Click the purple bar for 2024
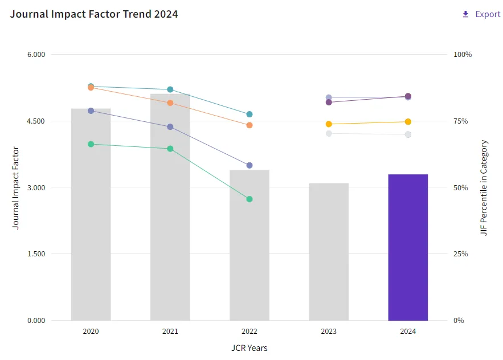pyautogui.click(x=408, y=247)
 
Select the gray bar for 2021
pyautogui.click(x=170, y=207)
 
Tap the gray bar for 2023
pyautogui.click(x=329, y=252)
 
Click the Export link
pyautogui.click(x=481, y=14)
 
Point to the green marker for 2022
pyautogui.click(x=250, y=199)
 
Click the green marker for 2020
pyautogui.click(x=91, y=144)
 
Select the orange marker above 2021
pyautogui.click(x=170, y=103)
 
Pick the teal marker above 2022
pyautogui.click(x=250, y=114)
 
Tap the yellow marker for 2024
pyautogui.click(x=408, y=121)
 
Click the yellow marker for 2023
pyautogui.click(x=329, y=124)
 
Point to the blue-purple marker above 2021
pyautogui.click(x=170, y=126)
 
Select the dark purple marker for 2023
pyautogui.click(x=329, y=103)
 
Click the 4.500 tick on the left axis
pyautogui.click(x=36, y=121)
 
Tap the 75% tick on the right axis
pyautogui.click(x=460, y=121)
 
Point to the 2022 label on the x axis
pyautogui.click(x=250, y=331)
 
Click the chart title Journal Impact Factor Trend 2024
pyautogui.click(x=93, y=14)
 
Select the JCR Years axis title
pyautogui.click(x=250, y=348)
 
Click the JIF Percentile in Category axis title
pyautogui.click(x=484, y=187)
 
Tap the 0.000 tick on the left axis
pyautogui.click(x=36, y=320)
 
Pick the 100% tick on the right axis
pyautogui.click(x=462, y=54)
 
